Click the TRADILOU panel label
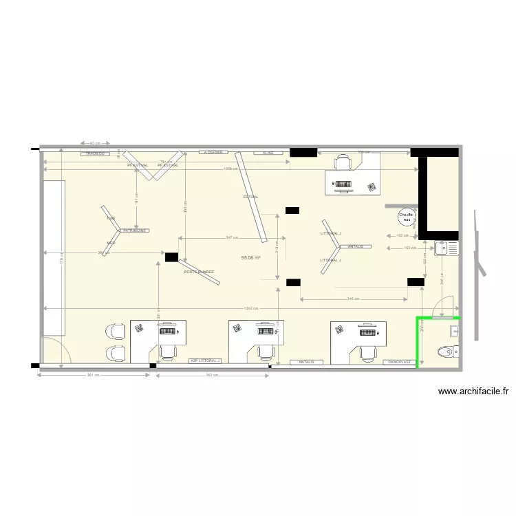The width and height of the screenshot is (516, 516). tap(95, 153)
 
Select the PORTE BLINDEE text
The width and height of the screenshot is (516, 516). tap(199, 272)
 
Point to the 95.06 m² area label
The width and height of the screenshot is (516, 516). tap(252, 257)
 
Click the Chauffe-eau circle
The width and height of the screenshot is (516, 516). tap(407, 217)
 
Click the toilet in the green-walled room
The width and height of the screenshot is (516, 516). tap(447, 352)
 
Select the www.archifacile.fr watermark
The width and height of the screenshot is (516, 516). tap(473, 391)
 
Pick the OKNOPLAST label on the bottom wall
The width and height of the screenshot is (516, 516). tap(399, 361)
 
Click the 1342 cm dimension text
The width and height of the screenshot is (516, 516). tap(250, 308)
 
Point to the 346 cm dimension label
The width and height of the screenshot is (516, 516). tap(352, 299)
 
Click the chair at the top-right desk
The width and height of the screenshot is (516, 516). tap(343, 162)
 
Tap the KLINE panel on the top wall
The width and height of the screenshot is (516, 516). tap(268, 152)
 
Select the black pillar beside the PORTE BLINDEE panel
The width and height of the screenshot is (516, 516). tap(171, 257)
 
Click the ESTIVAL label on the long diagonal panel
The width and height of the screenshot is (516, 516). tap(250, 197)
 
